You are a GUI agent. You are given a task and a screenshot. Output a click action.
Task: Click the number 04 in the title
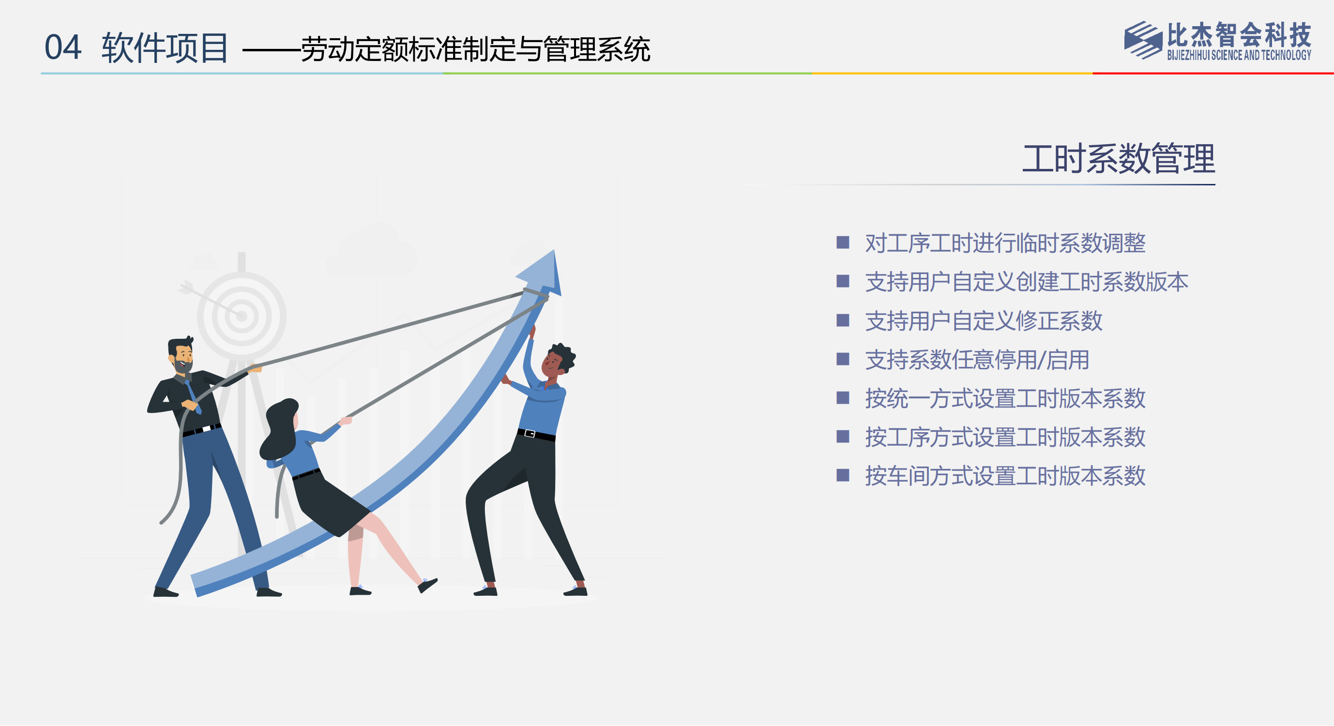click(x=62, y=47)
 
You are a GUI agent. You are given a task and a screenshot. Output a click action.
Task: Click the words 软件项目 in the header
click(x=165, y=47)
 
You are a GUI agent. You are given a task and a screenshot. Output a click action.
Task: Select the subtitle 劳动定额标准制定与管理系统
click(x=475, y=49)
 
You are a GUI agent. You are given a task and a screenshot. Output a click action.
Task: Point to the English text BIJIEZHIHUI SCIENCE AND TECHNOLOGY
click(x=1239, y=55)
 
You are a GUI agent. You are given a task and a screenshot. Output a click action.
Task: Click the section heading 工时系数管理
click(x=1119, y=158)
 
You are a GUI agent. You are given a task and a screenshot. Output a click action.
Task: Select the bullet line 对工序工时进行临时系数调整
click(x=1005, y=243)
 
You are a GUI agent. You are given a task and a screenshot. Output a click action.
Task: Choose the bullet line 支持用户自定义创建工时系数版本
click(x=1026, y=282)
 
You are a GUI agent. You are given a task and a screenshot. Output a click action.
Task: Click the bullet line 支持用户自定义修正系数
click(x=984, y=320)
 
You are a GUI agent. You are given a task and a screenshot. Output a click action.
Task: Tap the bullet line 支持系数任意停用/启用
click(x=977, y=360)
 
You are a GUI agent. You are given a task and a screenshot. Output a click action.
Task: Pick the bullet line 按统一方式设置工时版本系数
click(x=1005, y=398)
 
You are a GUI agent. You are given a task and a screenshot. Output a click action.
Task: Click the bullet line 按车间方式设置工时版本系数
click(x=1005, y=476)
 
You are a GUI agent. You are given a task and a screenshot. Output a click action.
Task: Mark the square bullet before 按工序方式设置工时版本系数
click(x=843, y=437)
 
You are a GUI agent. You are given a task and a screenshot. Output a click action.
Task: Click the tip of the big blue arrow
click(x=554, y=250)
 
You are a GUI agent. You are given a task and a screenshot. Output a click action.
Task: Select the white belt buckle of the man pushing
click(x=529, y=434)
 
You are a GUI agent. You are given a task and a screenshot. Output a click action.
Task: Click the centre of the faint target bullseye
click(x=242, y=316)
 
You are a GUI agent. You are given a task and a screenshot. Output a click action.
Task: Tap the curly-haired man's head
click(x=557, y=361)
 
